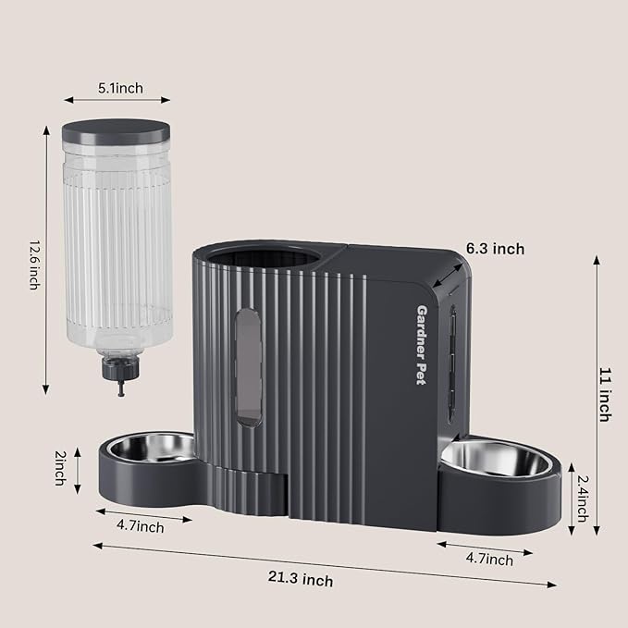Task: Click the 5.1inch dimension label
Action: (120, 89)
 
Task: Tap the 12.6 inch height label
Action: (33, 264)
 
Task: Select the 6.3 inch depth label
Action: (495, 249)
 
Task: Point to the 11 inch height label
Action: (603, 394)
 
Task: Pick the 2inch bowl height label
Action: (59, 468)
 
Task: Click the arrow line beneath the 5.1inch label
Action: (118, 101)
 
